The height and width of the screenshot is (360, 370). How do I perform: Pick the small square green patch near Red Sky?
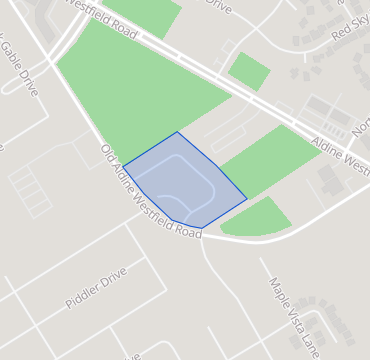249,71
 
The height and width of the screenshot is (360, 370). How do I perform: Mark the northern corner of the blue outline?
177,132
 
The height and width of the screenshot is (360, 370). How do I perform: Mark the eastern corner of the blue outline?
246,199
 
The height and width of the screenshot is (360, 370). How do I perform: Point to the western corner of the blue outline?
123,166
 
